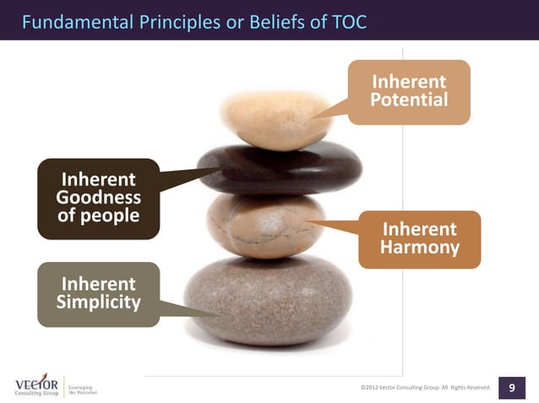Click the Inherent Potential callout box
coord(409,92)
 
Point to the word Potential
coord(409,101)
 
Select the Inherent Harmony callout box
coord(420,239)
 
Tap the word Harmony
coord(420,248)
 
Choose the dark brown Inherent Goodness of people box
coord(98,198)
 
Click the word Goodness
coord(98,198)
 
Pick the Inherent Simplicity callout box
coord(98,293)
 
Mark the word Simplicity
coord(98,303)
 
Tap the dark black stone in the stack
coord(279,167)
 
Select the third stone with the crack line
coord(265,225)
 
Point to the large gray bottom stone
coord(269,300)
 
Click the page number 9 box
coord(512,387)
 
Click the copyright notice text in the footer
coord(425,388)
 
